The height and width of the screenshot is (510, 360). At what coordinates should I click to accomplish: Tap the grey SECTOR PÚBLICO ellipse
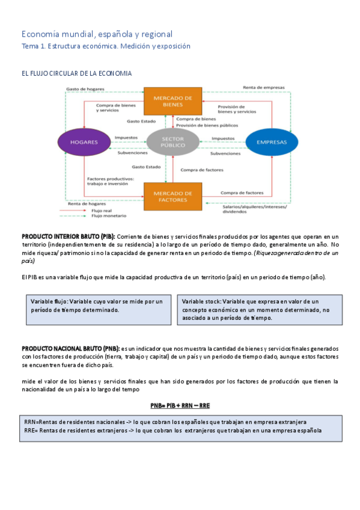[172, 143]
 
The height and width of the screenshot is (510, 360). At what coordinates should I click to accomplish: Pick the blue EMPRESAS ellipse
[272, 143]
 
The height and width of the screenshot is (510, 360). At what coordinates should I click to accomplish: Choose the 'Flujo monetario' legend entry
[104, 216]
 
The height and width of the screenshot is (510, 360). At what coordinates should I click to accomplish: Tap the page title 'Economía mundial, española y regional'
[97, 34]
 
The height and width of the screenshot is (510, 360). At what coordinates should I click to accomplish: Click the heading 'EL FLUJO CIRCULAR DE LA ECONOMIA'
[76, 73]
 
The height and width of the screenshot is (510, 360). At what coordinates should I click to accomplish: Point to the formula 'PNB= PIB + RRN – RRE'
[180, 405]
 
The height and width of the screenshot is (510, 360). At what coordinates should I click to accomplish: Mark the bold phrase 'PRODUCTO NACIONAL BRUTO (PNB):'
[70, 349]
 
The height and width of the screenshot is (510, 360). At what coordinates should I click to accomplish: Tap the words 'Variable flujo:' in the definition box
[50, 301]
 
